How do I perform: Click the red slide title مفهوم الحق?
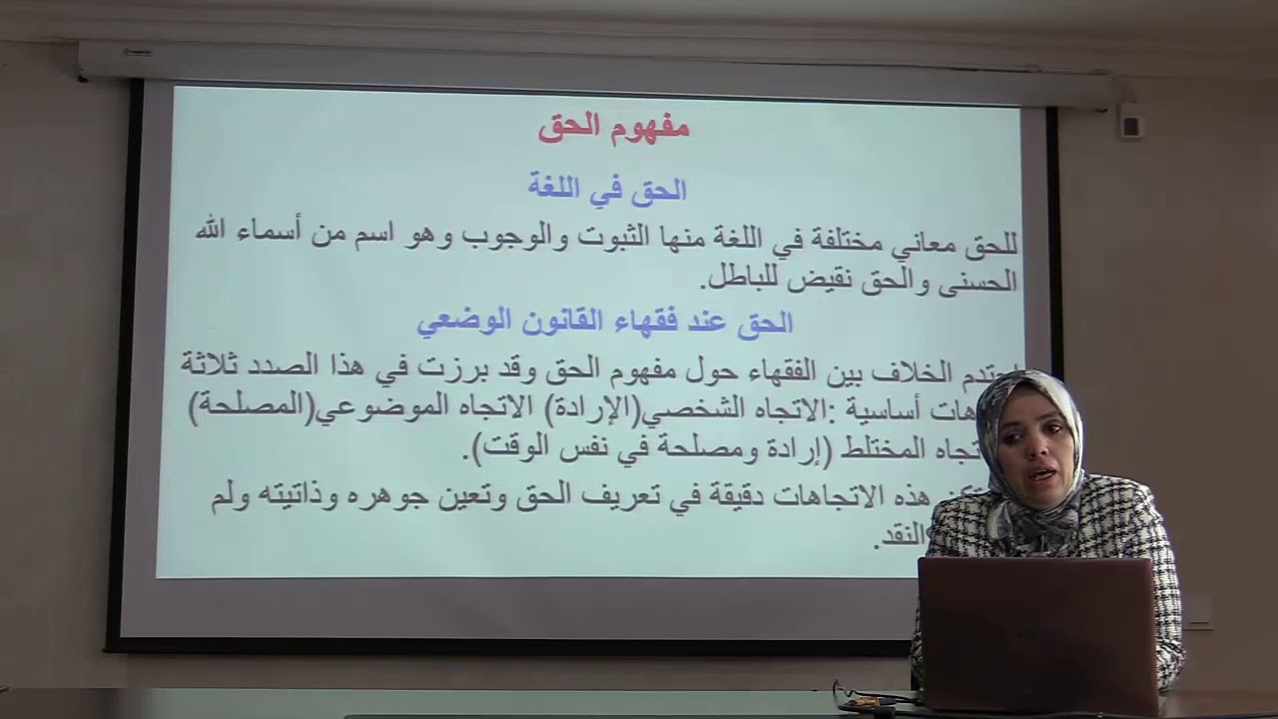click(613, 127)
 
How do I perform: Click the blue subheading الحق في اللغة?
click(607, 188)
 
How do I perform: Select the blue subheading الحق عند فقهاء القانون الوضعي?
click(604, 322)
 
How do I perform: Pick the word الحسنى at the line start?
click(973, 282)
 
